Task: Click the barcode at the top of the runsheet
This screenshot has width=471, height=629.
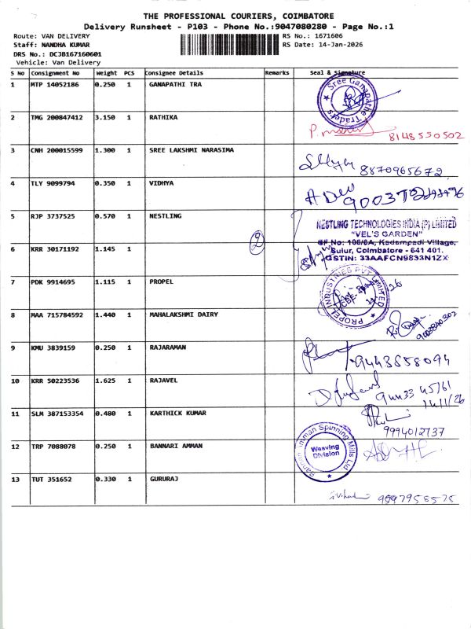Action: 229,43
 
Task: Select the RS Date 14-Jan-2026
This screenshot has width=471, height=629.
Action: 331,45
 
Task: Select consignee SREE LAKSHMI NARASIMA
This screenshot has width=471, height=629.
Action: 191,149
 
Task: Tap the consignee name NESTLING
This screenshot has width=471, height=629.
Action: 165,215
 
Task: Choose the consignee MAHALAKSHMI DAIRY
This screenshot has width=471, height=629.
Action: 183,314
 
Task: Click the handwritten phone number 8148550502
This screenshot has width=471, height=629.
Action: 426,135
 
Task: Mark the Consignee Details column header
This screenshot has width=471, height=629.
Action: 169,72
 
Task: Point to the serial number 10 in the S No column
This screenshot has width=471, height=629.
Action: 15,381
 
